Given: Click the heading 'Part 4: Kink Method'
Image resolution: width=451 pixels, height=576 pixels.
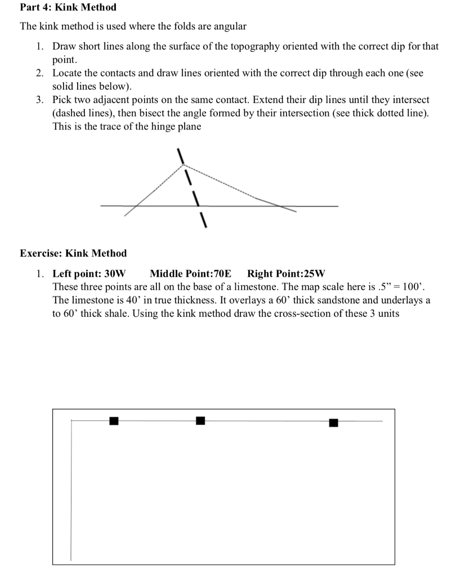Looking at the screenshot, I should (x=68, y=7).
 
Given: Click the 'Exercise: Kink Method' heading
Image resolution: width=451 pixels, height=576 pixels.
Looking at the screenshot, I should (x=73, y=253).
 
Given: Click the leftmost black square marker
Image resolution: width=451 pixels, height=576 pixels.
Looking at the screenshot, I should (x=114, y=421).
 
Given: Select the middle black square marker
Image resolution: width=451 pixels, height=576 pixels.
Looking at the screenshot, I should (x=200, y=421).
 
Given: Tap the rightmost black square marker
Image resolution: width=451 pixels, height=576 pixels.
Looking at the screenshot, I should (x=333, y=422).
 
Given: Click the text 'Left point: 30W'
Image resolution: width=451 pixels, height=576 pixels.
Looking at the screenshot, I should (x=89, y=274).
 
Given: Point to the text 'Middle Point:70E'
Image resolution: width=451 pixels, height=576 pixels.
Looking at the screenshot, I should (x=190, y=274).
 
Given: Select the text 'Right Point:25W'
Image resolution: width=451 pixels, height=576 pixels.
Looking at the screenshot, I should (x=286, y=274).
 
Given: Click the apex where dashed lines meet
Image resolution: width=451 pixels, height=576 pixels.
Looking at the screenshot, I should (x=184, y=165).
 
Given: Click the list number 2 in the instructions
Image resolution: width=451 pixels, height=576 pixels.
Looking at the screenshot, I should (x=39, y=74).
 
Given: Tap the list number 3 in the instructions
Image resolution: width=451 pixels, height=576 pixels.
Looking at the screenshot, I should (x=39, y=100).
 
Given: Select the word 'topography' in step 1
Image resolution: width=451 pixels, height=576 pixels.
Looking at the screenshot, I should (x=231, y=47).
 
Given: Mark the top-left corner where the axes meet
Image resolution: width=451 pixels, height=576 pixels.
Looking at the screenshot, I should (x=71, y=420).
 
